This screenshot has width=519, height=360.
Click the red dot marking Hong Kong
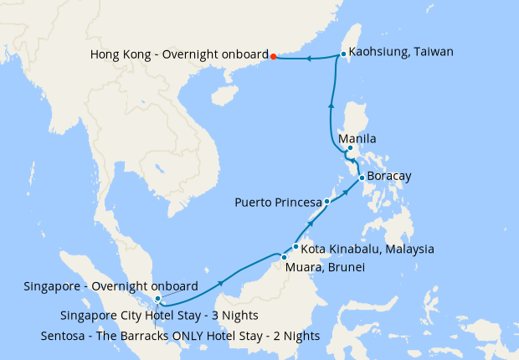(274, 57)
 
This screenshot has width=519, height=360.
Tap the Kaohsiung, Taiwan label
(400, 52)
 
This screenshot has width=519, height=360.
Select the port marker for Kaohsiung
(343, 55)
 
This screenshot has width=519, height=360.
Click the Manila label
(357, 139)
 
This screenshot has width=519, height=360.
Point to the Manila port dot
(350, 150)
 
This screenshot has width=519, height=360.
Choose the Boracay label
(389, 177)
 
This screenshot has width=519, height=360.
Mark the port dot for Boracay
(361, 177)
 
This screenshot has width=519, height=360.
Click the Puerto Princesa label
(279, 203)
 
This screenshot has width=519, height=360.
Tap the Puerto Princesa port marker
(327, 203)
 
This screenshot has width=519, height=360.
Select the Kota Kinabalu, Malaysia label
(367, 249)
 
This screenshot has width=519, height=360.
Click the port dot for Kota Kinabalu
(295, 247)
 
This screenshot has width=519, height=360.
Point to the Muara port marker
(284, 257)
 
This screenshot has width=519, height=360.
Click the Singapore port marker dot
(157, 299)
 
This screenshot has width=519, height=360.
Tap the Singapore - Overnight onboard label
(111, 286)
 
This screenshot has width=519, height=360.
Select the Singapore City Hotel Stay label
(159, 316)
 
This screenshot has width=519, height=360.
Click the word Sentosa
(64, 336)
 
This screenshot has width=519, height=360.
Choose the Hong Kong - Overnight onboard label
(178, 55)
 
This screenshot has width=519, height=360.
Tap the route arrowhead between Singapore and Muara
(220, 284)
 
